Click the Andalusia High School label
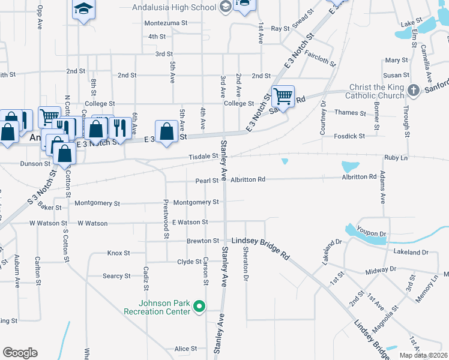(x=174, y=8)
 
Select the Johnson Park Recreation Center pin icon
(x=200, y=307)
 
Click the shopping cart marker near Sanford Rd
(x=283, y=95)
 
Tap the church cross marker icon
(x=413, y=91)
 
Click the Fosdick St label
(x=349, y=136)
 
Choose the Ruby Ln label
(x=396, y=157)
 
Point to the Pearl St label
(x=206, y=181)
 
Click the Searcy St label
(x=116, y=276)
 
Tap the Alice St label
(x=185, y=349)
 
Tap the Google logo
(x=20, y=353)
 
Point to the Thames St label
(x=351, y=113)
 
